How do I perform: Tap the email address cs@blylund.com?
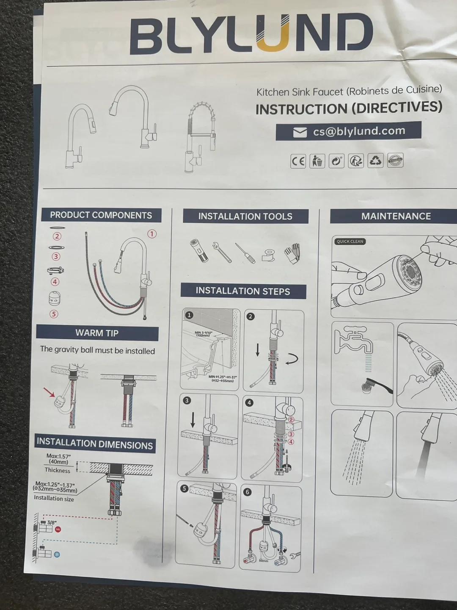359,131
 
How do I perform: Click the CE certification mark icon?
298,161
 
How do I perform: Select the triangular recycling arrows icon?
375,161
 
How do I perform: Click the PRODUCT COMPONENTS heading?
101,215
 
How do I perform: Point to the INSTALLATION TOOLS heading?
245,216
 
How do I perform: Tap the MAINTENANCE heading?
396,216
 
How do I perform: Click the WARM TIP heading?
97,333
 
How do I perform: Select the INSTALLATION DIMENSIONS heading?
95,444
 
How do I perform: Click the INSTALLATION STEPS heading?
243,291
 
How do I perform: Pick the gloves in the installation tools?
292,253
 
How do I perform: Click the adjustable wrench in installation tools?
221,252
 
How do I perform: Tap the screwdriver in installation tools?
245,253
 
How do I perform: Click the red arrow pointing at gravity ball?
49,393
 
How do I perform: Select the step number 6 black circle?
248,492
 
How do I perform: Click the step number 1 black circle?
189,315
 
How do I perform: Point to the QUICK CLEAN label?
350,241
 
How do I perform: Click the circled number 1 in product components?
151,234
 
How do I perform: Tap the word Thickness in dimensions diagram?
58,470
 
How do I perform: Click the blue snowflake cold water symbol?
56,555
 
